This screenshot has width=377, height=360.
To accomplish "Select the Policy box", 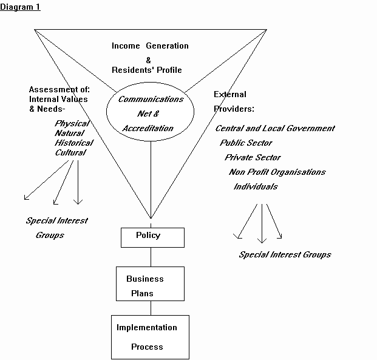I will pos(152,237).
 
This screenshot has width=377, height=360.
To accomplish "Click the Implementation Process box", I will pos(150,337).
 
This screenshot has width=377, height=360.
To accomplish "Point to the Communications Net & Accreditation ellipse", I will pos(151,114).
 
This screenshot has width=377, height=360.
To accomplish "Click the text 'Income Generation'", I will pos(150,46).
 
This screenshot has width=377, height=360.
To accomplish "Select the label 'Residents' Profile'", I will pos(147,70).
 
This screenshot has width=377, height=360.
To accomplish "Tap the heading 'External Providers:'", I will pos(234,101).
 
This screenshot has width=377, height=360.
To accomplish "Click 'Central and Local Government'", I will pos(275,129).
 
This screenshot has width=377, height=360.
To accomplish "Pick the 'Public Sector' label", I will pos(246,143).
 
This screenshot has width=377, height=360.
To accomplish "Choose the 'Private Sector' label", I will pos(253,157).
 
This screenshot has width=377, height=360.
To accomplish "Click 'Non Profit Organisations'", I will pos(277,172).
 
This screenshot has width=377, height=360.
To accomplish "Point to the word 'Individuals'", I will pos(256,186).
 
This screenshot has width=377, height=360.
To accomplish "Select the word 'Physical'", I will pos(72,124).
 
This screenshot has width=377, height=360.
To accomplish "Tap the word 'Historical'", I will pos(74,143).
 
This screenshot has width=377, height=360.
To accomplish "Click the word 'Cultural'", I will pos(70,152).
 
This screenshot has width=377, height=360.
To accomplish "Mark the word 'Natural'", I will pos(70,134).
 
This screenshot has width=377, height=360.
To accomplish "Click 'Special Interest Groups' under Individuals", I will pos(285,254).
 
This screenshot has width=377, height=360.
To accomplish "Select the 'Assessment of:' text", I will pos(59,90).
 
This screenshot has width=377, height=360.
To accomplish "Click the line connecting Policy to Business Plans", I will pos(151,257).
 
